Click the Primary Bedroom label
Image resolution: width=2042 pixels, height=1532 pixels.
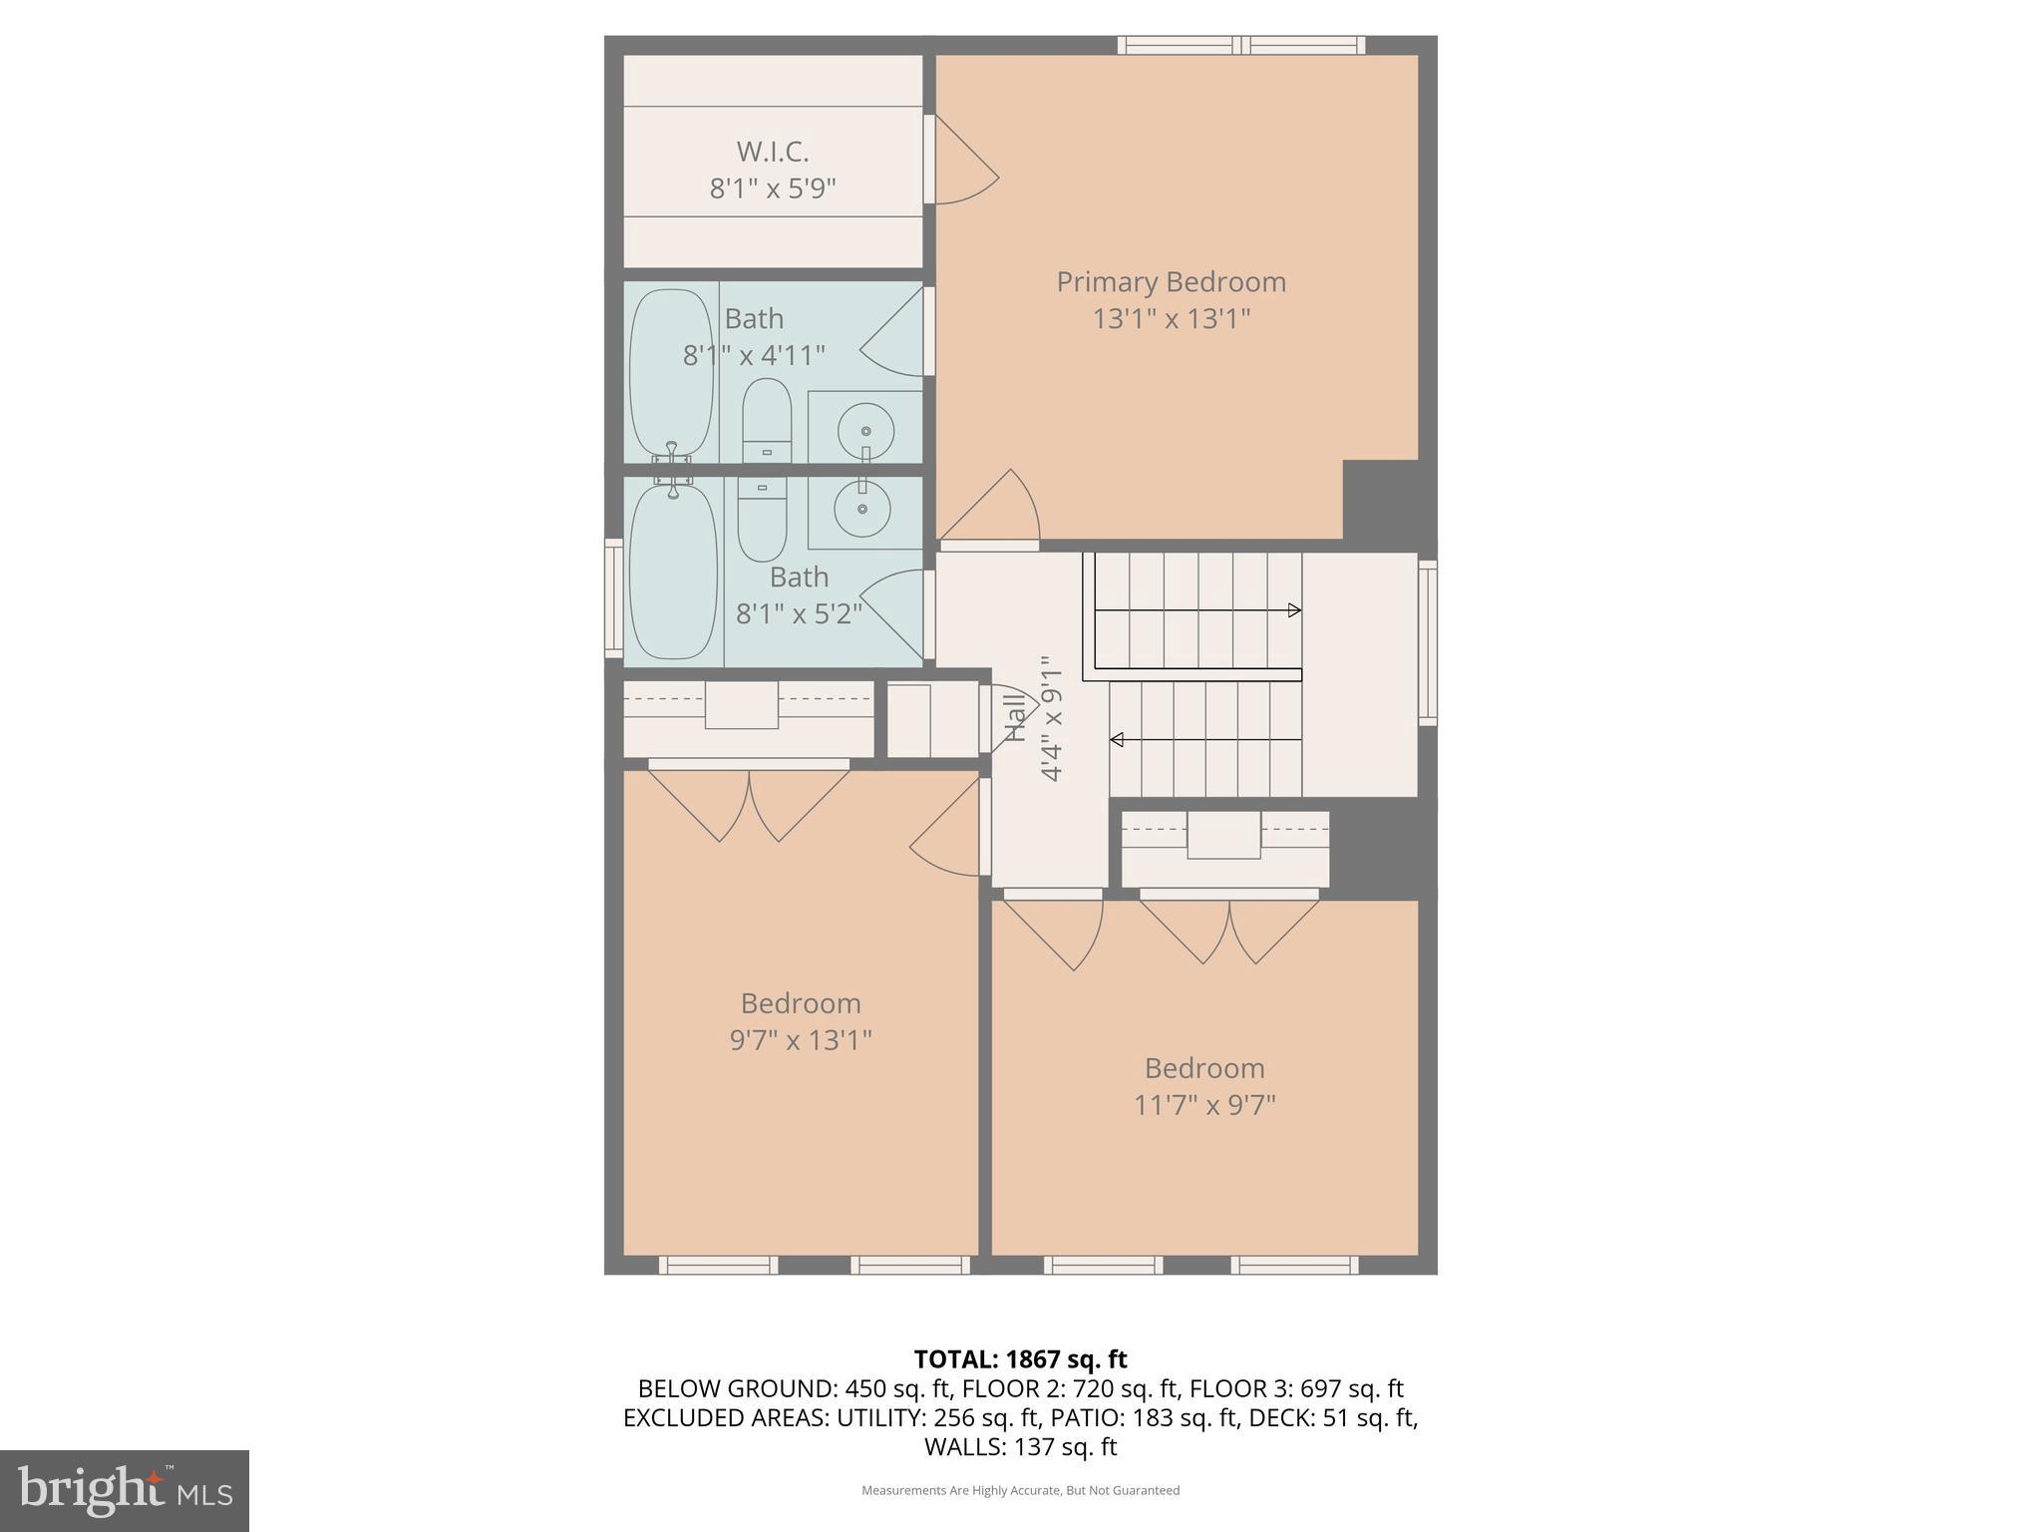point(1171,282)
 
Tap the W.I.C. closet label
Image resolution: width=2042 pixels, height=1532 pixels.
point(772,152)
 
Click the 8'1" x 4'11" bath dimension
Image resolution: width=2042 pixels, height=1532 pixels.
point(754,355)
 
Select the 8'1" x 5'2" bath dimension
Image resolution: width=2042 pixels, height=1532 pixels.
point(799,613)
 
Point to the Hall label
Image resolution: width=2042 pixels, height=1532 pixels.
point(1014,718)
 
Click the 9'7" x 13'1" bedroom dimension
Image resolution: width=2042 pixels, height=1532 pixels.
point(801,1040)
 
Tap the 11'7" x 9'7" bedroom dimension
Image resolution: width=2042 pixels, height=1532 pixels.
point(1204,1105)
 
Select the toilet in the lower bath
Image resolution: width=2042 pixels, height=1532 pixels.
point(762,519)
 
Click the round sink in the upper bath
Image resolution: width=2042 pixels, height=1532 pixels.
point(865,431)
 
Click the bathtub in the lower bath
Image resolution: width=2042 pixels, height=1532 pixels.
point(673,574)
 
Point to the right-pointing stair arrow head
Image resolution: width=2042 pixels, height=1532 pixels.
point(1294,610)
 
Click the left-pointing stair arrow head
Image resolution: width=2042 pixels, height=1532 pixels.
point(1118,739)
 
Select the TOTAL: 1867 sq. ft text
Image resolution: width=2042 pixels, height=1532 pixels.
point(1020,1359)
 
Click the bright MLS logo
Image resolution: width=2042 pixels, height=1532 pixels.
point(125,1491)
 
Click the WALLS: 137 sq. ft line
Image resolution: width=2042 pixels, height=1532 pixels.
point(1020,1446)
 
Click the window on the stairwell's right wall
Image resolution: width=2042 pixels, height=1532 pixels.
point(1428,640)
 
